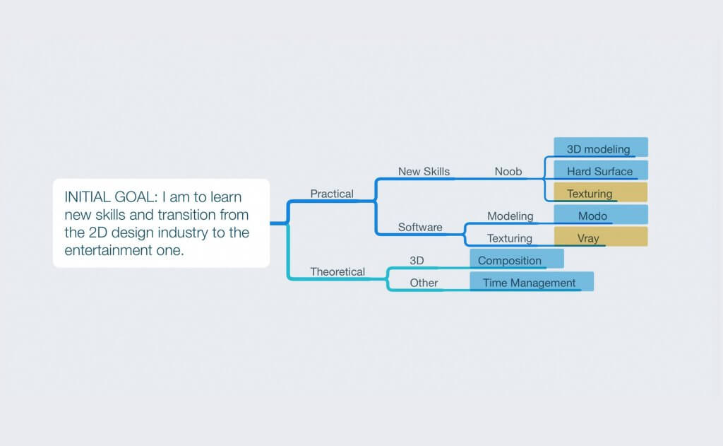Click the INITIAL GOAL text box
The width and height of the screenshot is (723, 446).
click(162, 223)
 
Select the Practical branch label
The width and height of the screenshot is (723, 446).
click(332, 194)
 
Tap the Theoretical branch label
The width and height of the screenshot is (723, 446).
click(337, 271)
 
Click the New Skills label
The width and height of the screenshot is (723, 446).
click(424, 171)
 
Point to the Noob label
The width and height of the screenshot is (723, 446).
click(508, 171)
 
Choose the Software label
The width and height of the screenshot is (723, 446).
click(420, 227)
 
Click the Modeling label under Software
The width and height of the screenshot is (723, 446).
click(510, 216)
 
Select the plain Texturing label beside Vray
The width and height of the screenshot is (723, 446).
click(510, 238)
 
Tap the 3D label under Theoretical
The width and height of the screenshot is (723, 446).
click(417, 260)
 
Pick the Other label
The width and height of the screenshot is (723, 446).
click(424, 283)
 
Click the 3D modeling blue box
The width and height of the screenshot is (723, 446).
click(601, 147)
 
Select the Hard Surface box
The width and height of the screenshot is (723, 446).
click(601, 170)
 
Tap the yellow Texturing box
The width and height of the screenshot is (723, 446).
click(601, 192)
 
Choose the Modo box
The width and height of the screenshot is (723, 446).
click(601, 215)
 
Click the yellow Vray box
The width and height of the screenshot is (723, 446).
click(601, 236)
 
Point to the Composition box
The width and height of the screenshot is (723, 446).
click(517, 259)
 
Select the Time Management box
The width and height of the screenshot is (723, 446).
click(532, 281)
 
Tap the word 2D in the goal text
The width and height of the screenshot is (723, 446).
click(97, 233)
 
